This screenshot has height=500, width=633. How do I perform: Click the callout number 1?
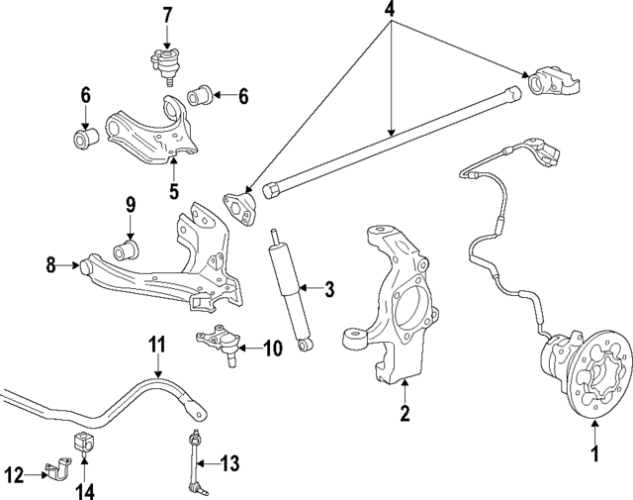(x=594, y=454)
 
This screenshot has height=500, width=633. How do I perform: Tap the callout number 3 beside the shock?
(x=330, y=289)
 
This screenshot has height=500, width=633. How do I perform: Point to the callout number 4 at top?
(x=391, y=12)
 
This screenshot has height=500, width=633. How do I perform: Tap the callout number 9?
(x=129, y=205)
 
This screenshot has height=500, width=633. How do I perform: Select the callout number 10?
(x=273, y=348)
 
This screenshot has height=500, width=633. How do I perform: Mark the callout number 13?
(x=229, y=463)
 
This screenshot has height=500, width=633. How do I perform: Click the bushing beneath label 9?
(x=128, y=245)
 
